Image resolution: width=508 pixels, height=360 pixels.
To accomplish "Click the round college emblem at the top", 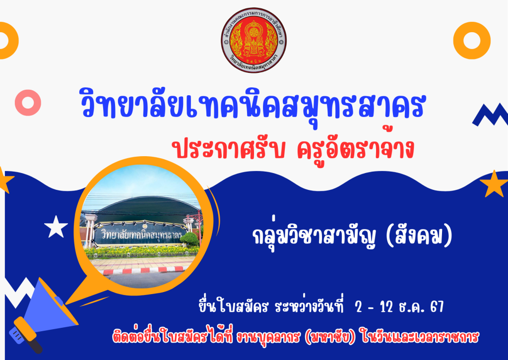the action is tap(254, 40).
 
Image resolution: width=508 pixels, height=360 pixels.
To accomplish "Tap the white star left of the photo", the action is tap(56, 227).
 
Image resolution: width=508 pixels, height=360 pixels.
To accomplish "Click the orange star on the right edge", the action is tap(494, 184).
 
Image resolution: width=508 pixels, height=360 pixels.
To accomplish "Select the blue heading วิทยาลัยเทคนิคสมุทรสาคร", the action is tap(253, 104).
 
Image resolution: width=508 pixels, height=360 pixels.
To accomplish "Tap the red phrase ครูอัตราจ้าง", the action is tap(356, 148).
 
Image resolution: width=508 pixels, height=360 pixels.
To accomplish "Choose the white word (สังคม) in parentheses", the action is tap(419, 236).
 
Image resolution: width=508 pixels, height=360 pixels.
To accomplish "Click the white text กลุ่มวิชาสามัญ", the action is tap(314, 237).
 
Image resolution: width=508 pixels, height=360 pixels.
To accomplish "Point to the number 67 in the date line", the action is tap(437, 306).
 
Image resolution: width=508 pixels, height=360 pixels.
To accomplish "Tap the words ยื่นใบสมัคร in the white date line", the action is tap(234, 306).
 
